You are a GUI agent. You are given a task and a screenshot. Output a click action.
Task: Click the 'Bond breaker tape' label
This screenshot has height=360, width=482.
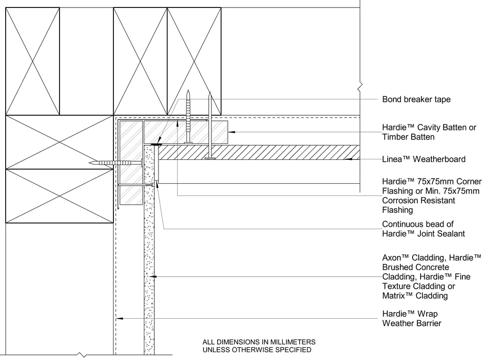[x=416, y=99]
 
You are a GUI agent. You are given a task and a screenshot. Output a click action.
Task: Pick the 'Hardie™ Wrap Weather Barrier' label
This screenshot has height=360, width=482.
[x=412, y=318]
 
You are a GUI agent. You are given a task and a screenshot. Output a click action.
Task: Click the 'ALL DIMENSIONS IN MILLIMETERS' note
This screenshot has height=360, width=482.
[x=259, y=342]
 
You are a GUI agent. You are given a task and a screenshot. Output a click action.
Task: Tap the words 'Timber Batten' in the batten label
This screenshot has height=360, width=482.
[x=408, y=137]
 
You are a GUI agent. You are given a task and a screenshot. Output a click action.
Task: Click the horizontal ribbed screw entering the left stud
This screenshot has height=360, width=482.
[x=115, y=163]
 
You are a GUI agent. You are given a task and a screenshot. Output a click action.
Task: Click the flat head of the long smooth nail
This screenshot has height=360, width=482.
[x=210, y=158]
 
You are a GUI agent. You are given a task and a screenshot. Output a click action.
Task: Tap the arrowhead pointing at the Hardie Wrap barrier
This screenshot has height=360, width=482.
[x=119, y=318]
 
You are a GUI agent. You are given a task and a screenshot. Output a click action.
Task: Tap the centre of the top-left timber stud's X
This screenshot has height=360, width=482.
[x=32, y=61]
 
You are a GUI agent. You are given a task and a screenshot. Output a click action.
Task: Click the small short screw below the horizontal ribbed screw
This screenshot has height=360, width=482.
[x=150, y=185]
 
